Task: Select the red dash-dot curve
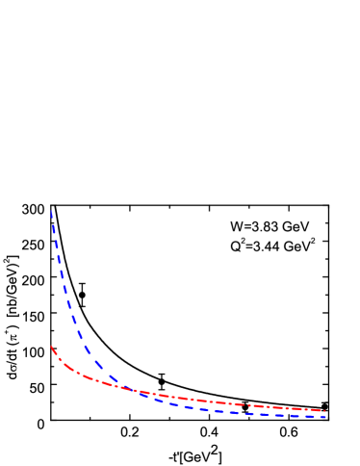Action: tap(193, 399)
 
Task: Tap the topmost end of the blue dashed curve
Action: tap(51, 211)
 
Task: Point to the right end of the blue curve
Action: tap(325, 417)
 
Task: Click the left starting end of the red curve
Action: tap(51, 347)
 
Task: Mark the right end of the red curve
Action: tap(324, 410)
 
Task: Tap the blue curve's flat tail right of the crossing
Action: tap(241, 412)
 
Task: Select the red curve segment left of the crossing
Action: tap(87, 375)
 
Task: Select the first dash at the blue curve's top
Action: tap(52, 218)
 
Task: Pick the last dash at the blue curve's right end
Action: tap(320, 417)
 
